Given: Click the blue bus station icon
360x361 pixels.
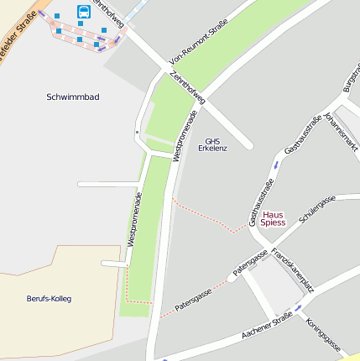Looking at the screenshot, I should [84, 11].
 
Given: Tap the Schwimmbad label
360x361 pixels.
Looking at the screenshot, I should [73, 97].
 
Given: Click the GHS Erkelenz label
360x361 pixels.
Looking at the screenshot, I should [212, 144].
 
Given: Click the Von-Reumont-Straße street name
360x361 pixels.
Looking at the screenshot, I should [198, 44].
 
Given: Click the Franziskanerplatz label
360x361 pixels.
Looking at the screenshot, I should [293, 269].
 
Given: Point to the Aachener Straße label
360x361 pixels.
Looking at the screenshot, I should [266, 326].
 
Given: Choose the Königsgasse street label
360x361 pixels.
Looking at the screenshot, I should [322, 334].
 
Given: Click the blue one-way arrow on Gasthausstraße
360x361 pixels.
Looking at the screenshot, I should [274, 164].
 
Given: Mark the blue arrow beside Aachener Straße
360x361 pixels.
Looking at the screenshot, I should [298, 306].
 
